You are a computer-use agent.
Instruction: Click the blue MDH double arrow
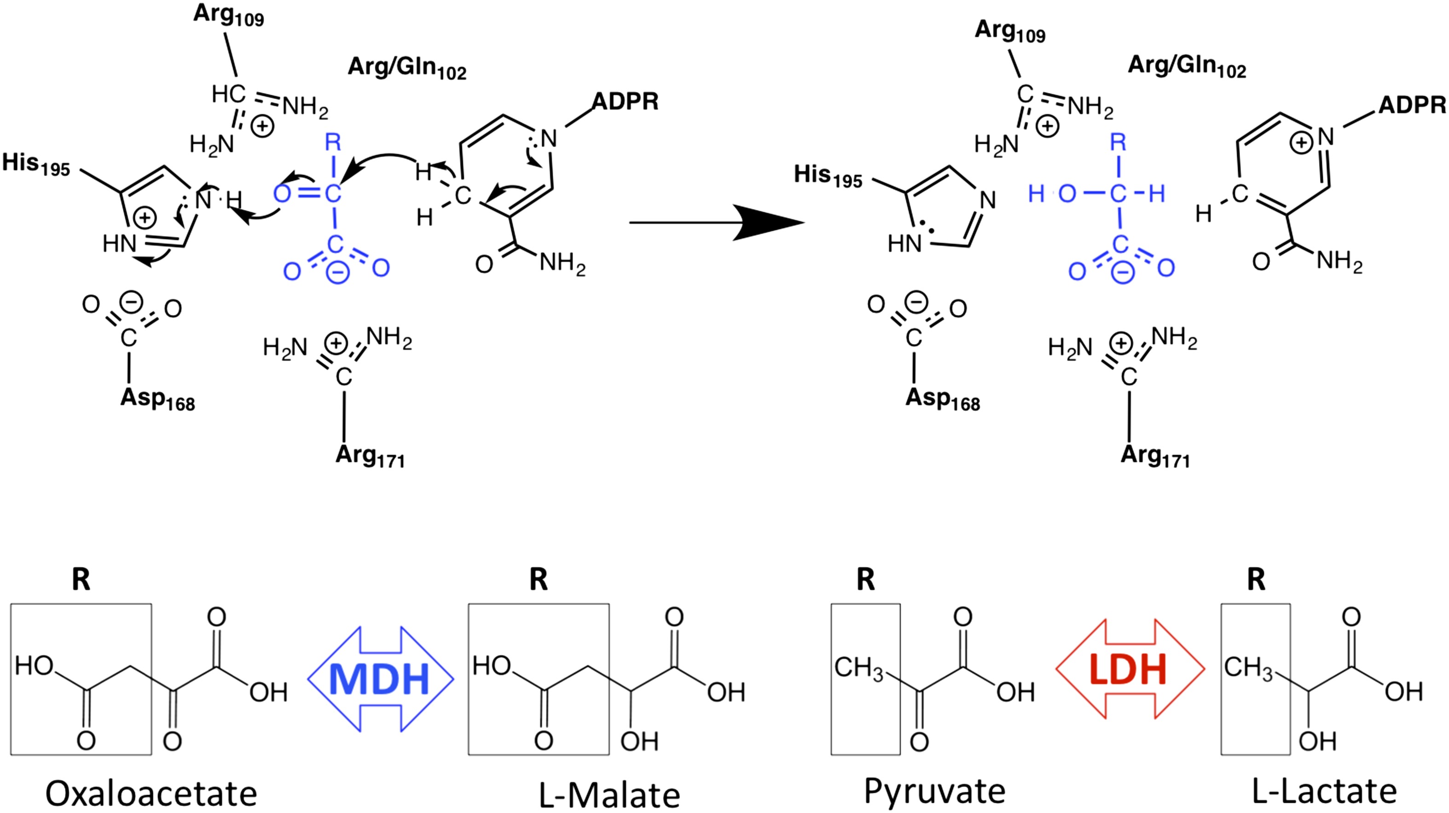click(380, 679)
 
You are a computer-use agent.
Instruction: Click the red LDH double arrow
click(1130, 669)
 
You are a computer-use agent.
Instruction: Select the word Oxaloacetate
click(151, 793)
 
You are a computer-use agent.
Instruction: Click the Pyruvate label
click(934, 792)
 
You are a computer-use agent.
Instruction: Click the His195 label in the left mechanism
click(36, 164)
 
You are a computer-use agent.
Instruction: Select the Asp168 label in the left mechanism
click(157, 399)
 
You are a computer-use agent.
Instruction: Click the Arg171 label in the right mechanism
click(1155, 456)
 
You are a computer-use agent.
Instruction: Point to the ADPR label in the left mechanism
click(625, 102)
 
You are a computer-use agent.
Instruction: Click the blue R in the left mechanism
click(333, 142)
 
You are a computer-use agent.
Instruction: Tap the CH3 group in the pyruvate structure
click(858, 668)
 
